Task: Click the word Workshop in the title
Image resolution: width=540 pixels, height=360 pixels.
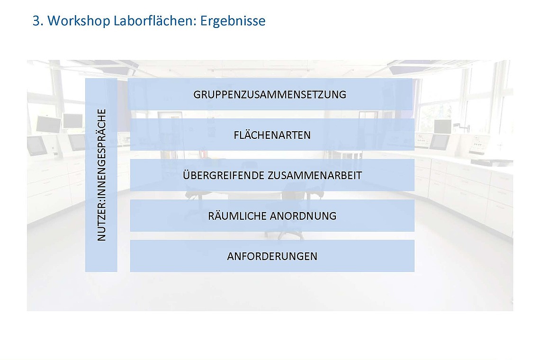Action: pos(79,21)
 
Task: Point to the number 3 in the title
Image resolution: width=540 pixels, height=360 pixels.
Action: pos(36,21)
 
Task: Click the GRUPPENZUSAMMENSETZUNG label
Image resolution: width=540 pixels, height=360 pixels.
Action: pos(270,94)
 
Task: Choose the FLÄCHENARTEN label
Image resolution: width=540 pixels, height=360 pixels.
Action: pos(272,135)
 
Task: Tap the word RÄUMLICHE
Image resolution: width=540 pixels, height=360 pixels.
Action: pos(237,216)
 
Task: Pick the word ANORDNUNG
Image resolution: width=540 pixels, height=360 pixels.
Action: pos(303,216)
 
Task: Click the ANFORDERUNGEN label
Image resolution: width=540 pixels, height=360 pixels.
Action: pos(272,256)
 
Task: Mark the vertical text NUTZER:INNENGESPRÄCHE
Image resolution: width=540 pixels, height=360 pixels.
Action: pos(101,175)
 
